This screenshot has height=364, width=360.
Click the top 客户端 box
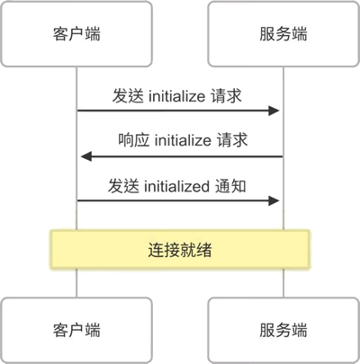(x=76, y=33)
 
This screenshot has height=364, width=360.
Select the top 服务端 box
(x=283, y=33)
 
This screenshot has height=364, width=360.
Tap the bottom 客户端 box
(x=76, y=330)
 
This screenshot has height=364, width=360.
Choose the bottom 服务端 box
(x=283, y=330)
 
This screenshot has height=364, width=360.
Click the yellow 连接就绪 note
(x=180, y=249)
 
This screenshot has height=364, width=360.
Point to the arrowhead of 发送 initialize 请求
(x=274, y=111)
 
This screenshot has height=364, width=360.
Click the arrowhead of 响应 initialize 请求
(x=86, y=156)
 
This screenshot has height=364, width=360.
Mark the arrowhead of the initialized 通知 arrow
(x=274, y=200)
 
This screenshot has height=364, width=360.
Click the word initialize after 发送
(x=176, y=96)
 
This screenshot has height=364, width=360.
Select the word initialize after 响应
(x=183, y=140)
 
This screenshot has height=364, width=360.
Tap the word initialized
(x=176, y=186)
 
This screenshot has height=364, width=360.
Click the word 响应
(x=133, y=140)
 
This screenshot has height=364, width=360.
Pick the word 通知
(x=230, y=186)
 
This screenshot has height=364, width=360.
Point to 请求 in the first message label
(x=226, y=96)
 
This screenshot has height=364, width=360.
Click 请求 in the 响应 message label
(x=232, y=140)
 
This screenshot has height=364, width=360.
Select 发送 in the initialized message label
(x=123, y=186)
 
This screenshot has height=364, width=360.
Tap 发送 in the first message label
(x=128, y=96)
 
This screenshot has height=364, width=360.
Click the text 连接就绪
(x=180, y=250)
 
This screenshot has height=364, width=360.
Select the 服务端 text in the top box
(x=283, y=33)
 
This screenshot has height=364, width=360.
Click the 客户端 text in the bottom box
(x=76, y=330)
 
